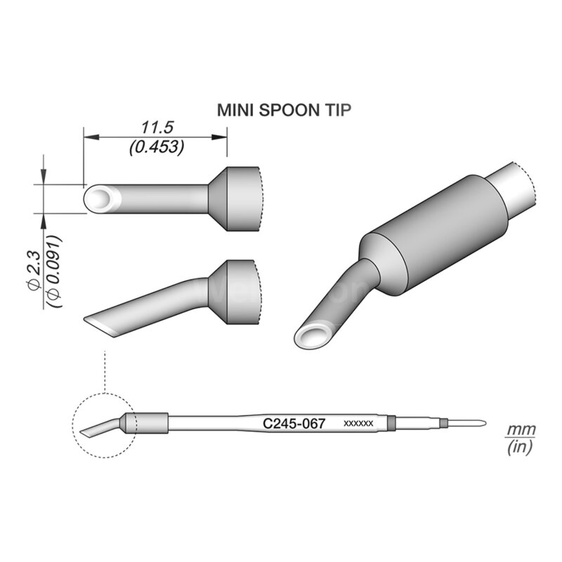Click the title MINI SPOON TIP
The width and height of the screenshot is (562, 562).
283,110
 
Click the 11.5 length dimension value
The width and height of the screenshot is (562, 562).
156,127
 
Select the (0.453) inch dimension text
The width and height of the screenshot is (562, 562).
156,147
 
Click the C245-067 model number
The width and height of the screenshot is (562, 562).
294,424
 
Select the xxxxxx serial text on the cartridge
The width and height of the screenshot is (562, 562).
358,424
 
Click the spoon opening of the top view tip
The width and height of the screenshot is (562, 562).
100,199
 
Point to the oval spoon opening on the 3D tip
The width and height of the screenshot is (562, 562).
314,337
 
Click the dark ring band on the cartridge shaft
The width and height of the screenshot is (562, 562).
392,424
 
